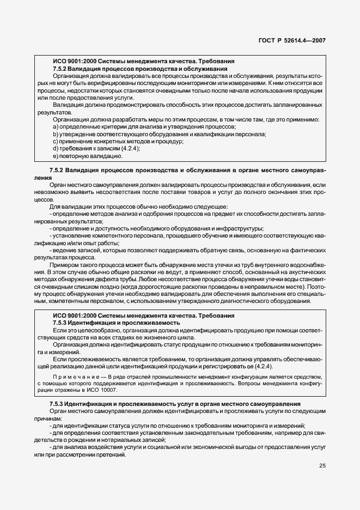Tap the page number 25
[321, 465]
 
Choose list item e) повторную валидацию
[87, 156]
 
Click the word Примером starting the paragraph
[65, 264]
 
